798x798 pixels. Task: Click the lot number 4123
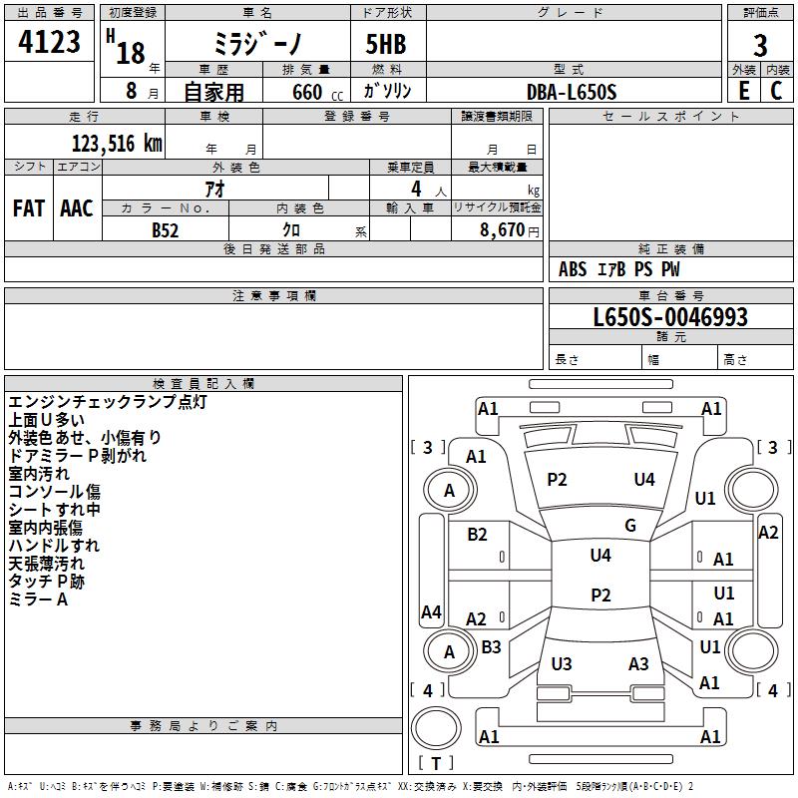tap(49, 41)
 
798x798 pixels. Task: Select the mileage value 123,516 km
tap(117, 143)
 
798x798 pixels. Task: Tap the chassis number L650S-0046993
tap(670, 317)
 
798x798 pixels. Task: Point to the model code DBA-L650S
tap(572, 92)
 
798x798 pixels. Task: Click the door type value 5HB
tap(386, 44)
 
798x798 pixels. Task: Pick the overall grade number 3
tap(760, 45)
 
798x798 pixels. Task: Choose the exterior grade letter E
tap(744, 91)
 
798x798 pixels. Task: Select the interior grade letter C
tap(776, 91)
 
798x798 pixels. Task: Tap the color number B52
tap(165, 230)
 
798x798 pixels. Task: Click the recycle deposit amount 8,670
tap(503, 229)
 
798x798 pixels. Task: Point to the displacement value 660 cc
tap(317, 92)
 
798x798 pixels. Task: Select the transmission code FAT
tap(29, 208)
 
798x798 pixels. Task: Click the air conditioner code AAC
tap(77, 208)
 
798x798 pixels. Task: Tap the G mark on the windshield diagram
tap(630, 526)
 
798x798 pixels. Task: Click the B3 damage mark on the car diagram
tap(491, 646)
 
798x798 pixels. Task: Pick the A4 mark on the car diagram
tap(431, 611)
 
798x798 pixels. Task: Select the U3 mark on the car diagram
tap(562, 663)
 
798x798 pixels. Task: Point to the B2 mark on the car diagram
tap(477, 534)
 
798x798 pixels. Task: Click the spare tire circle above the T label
tap(436, 728)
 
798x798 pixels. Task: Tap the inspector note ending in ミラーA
tap(38, 599)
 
